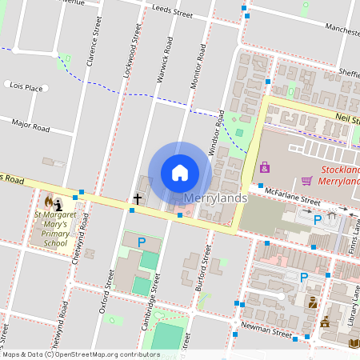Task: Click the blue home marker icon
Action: [x=180, y=173]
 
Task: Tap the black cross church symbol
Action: [x=137, y=198]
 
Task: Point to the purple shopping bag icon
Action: [x=265, y=167]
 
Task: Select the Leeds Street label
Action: [x=172, y=12]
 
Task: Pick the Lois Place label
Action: [x=24, y=85]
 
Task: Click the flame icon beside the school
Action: [x=50, y=200]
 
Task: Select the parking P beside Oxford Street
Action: [x=142, y=242]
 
